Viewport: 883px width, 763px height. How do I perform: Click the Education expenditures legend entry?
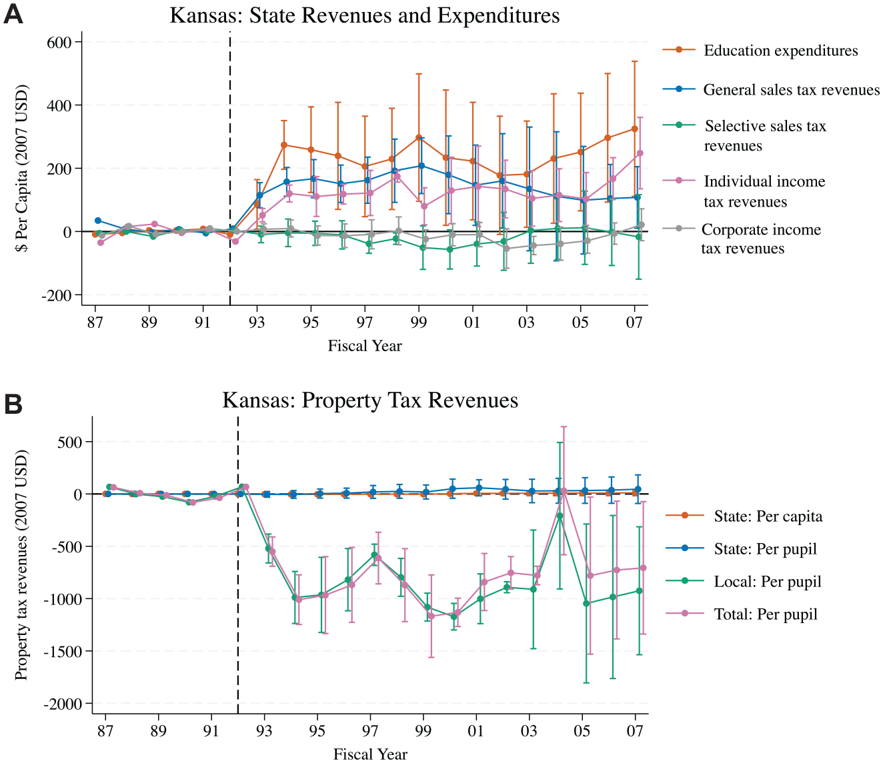[x=760, y=51]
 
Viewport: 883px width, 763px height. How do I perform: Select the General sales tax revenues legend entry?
[x=771, y=89]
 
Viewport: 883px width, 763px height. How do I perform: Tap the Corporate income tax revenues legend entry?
[x=742, y=239]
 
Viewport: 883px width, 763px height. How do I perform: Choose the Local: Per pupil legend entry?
[x=744, y=582]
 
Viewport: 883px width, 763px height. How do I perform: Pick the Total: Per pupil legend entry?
[x=742, y=614]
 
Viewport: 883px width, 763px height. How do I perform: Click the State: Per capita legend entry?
[x=744, y=516]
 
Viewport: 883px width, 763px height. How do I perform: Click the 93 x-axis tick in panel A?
[x=257, y=322]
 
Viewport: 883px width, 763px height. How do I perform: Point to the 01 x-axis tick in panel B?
[x=476, y=731]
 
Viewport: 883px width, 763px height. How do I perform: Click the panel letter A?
[x=13, y=15]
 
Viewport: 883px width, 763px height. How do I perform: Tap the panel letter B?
[x=13, y=404]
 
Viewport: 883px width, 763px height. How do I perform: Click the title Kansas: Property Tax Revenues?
[x=370, y=400]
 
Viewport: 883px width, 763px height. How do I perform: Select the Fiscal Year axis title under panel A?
[x=365, y=345]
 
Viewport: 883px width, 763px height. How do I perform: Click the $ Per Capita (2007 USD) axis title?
[x=21, y=169]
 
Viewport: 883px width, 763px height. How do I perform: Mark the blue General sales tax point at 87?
[x=98, y=221]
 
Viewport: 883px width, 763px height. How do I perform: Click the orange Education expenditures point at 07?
[x=634, y=129]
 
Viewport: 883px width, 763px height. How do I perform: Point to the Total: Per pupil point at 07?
[x=644, y=568]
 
